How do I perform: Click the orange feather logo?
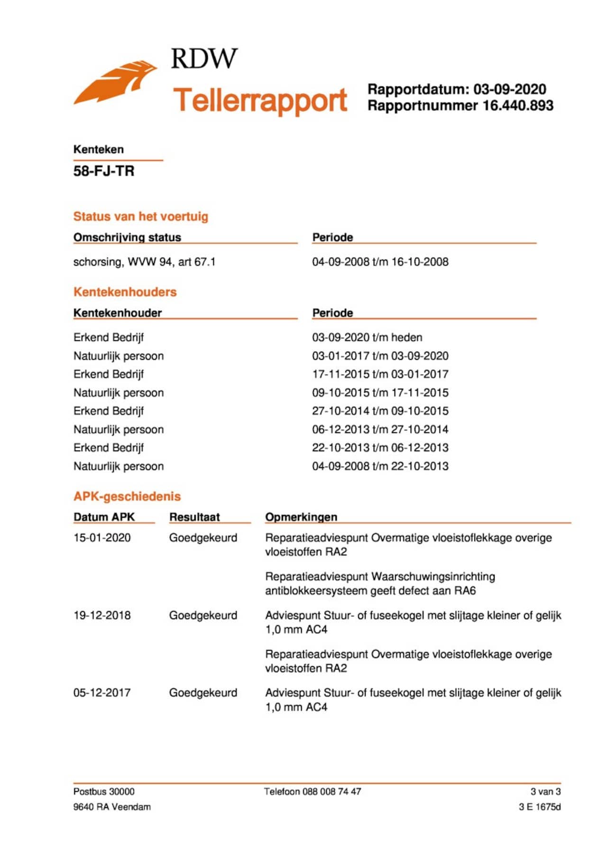point(115,83)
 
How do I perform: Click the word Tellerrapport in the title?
point(260,100)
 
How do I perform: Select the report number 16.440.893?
point(518,105)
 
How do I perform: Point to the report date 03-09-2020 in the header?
point(510,89)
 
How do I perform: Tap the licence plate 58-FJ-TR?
point(104,171)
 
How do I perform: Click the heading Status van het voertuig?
point(141,216)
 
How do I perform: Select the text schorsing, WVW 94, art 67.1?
point(144,262)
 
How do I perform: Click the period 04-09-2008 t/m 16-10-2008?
point(380,262)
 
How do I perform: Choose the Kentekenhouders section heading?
point(125,292)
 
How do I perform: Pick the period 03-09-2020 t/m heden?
point(367,337)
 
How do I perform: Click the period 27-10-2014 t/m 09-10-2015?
point(380,411)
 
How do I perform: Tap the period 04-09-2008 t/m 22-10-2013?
point(380,466)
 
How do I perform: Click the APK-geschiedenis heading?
point(127,496)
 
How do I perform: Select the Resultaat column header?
point(194,517)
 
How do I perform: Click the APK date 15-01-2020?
point(102,538)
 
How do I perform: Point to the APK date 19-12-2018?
point(102,616)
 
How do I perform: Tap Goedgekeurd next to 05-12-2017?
point(203,693)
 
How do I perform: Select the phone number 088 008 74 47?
point(331,792)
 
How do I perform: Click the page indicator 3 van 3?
point(545,792)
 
